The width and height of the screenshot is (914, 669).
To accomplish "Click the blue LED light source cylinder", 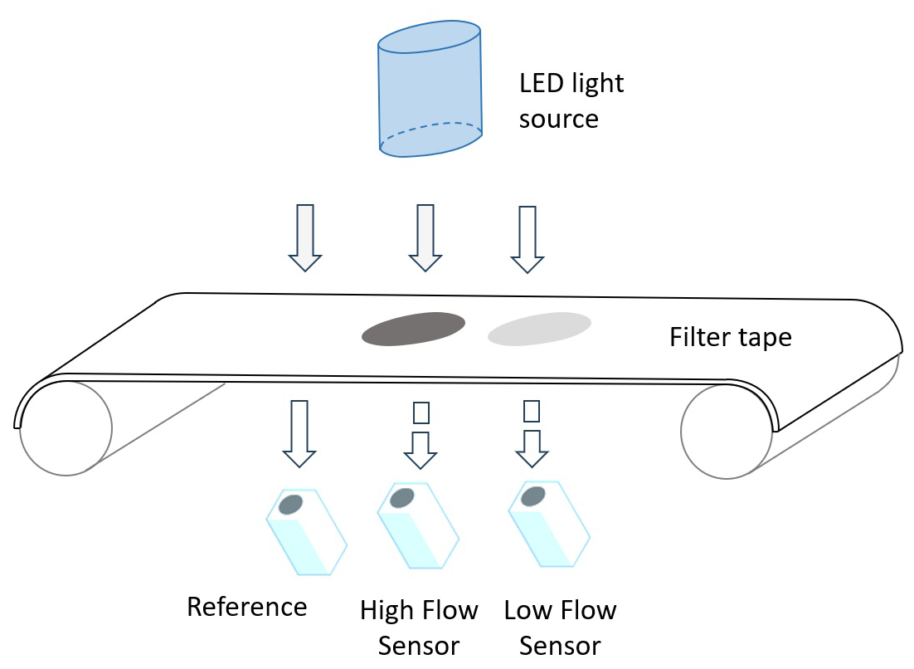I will [x=430, y=89].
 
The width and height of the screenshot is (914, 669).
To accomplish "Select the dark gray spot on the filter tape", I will [x=413, y=329].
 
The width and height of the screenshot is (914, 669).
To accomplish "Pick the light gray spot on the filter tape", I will [x=539, y=329].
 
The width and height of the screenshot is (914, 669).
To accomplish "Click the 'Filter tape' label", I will [x=730, y=337].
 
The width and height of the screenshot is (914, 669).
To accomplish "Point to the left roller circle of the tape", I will [x=66, y=428].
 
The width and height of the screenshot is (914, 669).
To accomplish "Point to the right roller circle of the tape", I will [x=727, y=432].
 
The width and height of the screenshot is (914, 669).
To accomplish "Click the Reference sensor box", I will [x=306, y=532].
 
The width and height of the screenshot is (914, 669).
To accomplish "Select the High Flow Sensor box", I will [x=418, y=526].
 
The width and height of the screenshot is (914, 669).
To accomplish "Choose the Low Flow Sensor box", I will [x=549, y=524].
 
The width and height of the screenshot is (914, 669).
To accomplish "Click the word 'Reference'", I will [x=246, y=607].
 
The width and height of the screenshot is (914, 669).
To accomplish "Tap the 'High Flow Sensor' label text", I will [x=419, y=627].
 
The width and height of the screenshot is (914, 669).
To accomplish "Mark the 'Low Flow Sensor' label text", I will [x=560, y=627].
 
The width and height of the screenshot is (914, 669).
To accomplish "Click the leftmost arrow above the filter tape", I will [x=305, y=237].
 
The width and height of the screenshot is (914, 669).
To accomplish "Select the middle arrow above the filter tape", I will [x=425, y=237].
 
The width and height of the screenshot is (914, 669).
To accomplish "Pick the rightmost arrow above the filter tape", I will [x=527, y=239].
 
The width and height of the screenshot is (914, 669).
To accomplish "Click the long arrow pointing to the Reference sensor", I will [x=299, y=433].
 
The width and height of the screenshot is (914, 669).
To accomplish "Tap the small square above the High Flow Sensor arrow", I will [x=421, y=413].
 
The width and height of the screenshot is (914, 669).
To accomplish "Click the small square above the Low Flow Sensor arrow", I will [x=532, y=411].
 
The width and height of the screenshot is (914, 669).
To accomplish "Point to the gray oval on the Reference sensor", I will [x=289, y=505].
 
